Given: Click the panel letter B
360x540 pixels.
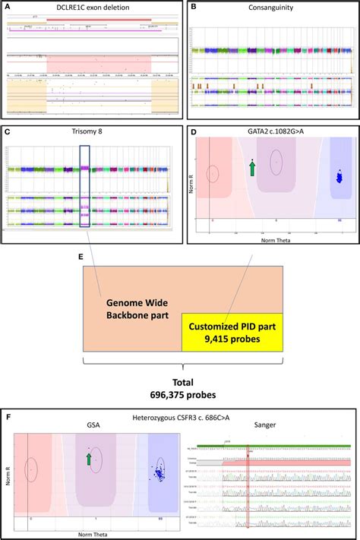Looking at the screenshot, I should (x=193, y=6).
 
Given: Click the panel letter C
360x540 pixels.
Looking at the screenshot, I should (x=6, y=131).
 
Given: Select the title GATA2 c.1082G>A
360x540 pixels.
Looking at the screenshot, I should (x=272, y=131).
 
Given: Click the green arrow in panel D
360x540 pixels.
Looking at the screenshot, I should (x=253, y=168).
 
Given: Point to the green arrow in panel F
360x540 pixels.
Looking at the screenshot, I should (x=89, y=459).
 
